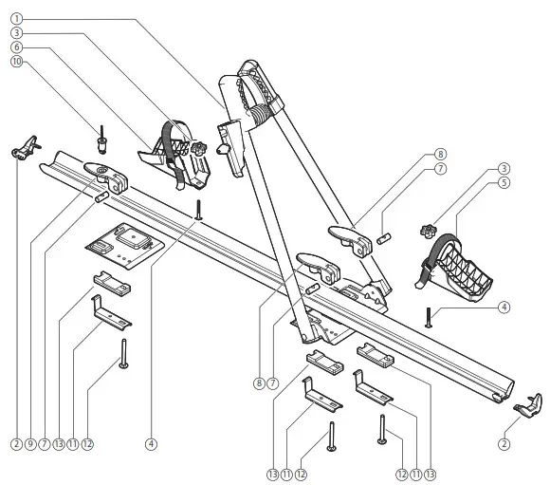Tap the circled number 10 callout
click(16, 62)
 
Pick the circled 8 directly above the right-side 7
click(440, 154)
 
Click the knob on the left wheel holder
click(201, 149)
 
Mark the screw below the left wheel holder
click(199, 209)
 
